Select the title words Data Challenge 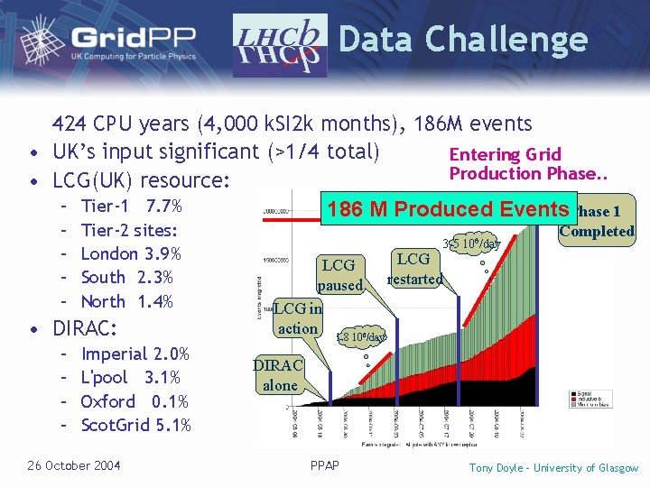click(462, 39)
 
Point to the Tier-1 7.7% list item click(132, 207)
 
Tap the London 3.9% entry click(131, 254)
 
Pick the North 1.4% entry click(126, 301)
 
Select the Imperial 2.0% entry click(135, 354)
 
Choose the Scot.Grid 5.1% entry click(135, 425)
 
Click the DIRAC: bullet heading click(89, 327)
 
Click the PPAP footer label click(324, 466)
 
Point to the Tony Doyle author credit click(553, 467)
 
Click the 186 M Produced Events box click(448, 210)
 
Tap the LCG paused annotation click(339, 275)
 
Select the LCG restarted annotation click(414, 269)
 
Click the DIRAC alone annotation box click(280, 375)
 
